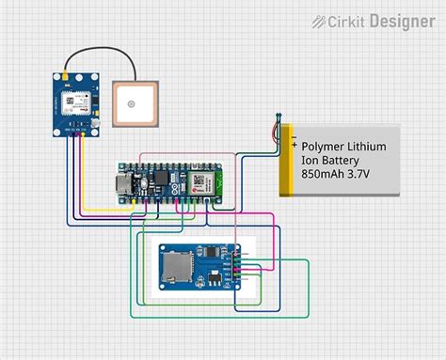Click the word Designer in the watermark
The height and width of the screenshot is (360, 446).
click(x=402, y=21)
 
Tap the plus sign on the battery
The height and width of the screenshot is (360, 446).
click(x=295, y=147)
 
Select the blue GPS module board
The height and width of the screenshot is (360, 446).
click(x=75, y=104)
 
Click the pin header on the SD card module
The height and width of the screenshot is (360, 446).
click(x=240, y=268)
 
